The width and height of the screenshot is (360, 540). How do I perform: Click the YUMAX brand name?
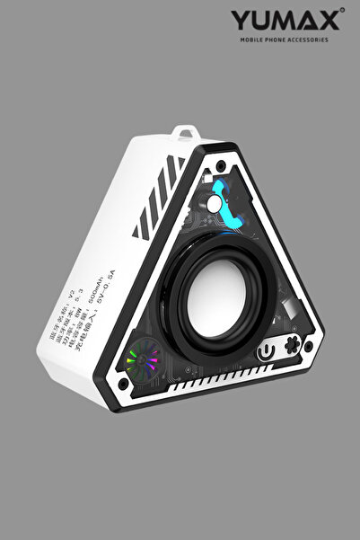pos(285,21)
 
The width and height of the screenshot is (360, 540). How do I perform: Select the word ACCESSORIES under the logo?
pos(306,40)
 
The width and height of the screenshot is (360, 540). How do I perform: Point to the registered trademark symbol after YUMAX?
pos(342,12)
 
